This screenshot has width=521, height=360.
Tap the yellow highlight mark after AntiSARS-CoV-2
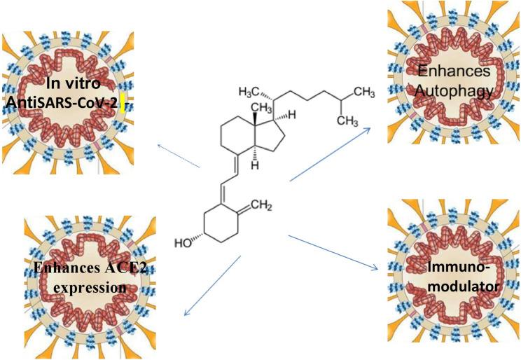pyautogui.click(x=120, y=105)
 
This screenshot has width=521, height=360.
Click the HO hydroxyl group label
pyautogui.click(x=183, y=244)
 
